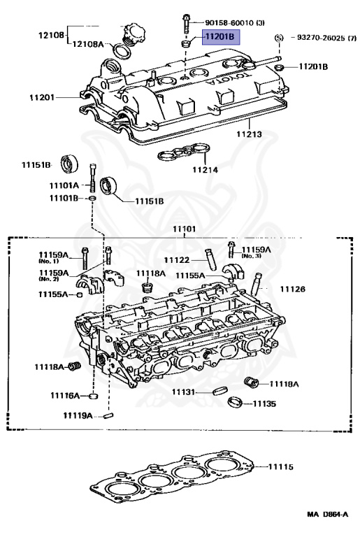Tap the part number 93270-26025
[x=322, y=37]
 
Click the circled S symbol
[x=278, y=37]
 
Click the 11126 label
[x=293, y=288]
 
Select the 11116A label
[x=65, y=396]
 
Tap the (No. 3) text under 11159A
[x=252, y=257]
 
